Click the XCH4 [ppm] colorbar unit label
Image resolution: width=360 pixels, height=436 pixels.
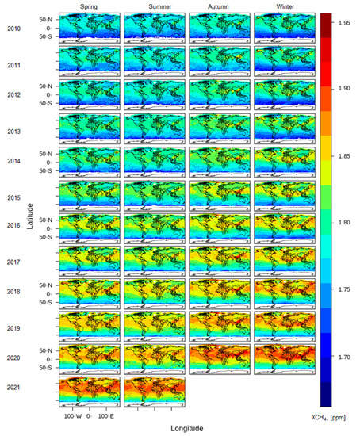pyautogui.click(x=338, y=415)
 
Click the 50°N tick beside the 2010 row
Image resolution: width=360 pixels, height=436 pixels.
pyautogui.click(x=46, y=18)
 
